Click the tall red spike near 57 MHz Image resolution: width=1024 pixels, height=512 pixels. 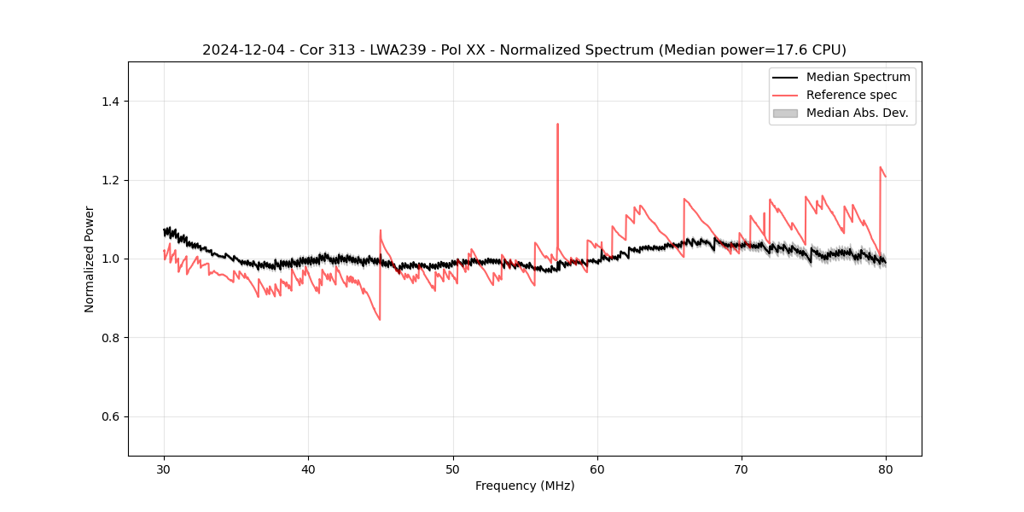[557, 125]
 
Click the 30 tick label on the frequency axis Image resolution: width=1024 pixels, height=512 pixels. [164, 469]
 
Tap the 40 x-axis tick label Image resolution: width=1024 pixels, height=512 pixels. [308, 469]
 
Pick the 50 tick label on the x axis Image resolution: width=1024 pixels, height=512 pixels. [453, 469]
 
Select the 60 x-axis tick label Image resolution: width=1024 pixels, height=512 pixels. [597, 469]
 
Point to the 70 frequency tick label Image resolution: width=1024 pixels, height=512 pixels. [742, 469]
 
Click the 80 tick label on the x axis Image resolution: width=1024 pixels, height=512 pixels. [886, 469]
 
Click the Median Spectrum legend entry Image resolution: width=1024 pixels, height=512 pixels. [858, 77]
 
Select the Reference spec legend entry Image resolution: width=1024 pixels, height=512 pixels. [851, 95]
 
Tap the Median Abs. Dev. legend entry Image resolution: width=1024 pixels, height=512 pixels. [857, 113]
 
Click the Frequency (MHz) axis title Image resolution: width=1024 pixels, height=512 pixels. [525, 486]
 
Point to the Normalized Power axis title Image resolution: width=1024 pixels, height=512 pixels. [90, 259]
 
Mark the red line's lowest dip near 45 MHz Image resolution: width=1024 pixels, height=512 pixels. [379, 319]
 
